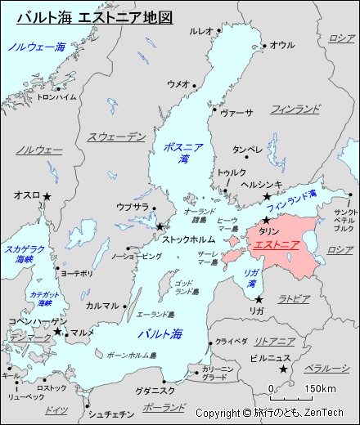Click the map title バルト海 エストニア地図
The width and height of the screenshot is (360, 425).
tap(95, 17)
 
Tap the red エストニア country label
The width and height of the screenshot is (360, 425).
tap(276, 244)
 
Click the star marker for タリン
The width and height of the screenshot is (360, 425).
tap(266, 221)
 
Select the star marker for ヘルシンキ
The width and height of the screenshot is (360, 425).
tap(266, 197)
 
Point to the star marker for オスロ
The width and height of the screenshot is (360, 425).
tap(47, 196)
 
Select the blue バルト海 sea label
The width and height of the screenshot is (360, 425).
tap(160, 333)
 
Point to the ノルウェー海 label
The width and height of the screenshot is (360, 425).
tap(37, 47)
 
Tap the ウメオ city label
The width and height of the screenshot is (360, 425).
tap(177, 84)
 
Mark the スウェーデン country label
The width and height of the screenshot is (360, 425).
tap(116, 136)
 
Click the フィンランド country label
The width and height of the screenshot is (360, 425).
tap(295, 108)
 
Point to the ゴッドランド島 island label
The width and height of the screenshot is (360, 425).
tap(186, 287)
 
